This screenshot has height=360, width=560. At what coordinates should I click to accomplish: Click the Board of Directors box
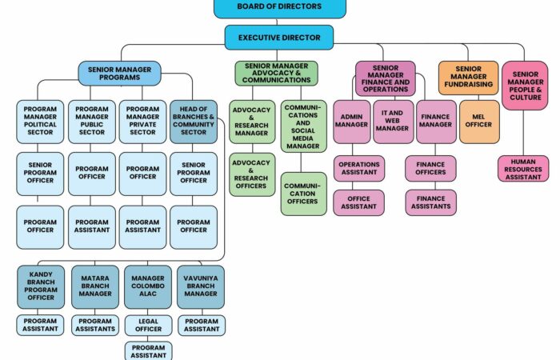[280, 8]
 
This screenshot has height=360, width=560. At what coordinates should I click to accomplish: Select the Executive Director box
[279, 38]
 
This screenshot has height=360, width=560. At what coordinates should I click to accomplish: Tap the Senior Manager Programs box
[120, 74]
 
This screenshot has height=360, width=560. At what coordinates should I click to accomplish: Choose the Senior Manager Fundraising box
[468, 78]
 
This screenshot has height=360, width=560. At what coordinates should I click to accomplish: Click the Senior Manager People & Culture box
[525, 86]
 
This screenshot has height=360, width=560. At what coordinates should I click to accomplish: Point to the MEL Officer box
[479, 122]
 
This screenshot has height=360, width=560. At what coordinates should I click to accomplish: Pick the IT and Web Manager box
[394, 122]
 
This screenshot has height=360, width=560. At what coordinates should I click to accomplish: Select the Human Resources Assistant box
[523, 169]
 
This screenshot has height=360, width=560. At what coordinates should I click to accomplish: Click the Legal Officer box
[148, 326]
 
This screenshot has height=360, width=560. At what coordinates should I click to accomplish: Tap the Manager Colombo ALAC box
[148, 286]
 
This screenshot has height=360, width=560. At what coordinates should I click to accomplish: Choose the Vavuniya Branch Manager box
[201, 286]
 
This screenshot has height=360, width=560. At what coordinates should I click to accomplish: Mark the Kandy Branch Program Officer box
[41, 286]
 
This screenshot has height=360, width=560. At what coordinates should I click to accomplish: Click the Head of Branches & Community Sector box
[194, 122]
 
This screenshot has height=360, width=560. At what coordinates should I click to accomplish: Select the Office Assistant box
[359, 202]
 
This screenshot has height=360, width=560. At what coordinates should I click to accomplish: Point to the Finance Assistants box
[430, 202]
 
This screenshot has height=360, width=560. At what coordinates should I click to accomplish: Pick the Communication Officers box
[303, 194]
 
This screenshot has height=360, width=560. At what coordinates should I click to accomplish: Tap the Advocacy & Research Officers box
[252, 174]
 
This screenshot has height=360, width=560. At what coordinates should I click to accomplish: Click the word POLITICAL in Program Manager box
[40, 125]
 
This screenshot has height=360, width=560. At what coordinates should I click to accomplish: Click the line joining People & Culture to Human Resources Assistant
[523, 133]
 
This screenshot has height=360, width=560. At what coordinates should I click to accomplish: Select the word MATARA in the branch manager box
[95, 278]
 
